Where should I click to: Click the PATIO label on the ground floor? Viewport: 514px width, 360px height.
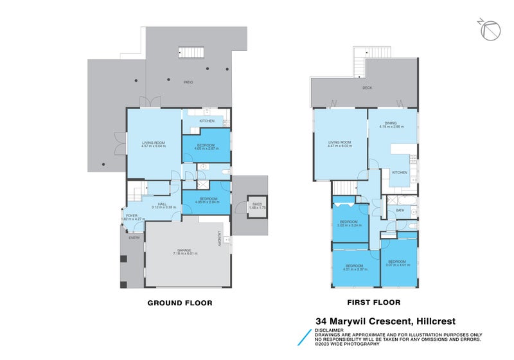click(x=188, y=82)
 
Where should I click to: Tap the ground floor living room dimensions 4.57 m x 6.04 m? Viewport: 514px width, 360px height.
click(x=154, y=146)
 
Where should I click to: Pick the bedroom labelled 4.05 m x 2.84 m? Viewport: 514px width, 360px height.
click(x=206, y=201)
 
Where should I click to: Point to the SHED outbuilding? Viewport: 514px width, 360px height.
click(x=256, y=206)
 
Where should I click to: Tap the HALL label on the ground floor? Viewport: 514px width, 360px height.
click(x=154, y=205)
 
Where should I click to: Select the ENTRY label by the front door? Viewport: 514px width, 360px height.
click(x=134, y=238)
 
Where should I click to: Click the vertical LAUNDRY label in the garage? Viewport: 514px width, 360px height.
click(x=219, y=239)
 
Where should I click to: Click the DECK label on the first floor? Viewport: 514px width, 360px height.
click(x=367, y=88)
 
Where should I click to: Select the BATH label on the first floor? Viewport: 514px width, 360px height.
click(x=400, y=210)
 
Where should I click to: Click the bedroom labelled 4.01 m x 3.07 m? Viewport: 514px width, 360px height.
click(x=355, y=267)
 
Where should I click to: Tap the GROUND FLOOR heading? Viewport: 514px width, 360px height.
click(x=180, y=302)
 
